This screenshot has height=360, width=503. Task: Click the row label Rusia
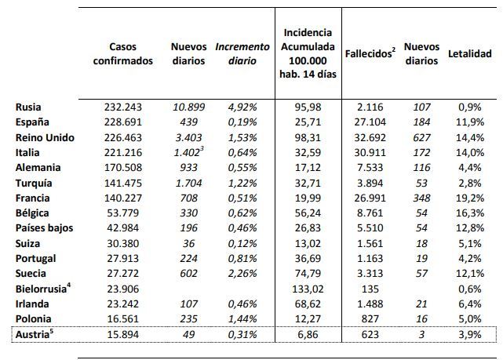click(x=28, y=107)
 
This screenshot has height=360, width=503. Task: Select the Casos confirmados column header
click(x=129, y=54)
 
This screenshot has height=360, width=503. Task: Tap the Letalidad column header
click(x=469, y=54)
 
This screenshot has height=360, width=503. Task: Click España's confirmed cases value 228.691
click(x=128, y=122)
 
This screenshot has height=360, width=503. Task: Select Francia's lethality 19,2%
click(x=470, y=198)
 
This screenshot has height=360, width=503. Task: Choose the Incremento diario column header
click(x=236, y=54)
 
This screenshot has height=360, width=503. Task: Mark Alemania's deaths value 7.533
click(x=368, y=167)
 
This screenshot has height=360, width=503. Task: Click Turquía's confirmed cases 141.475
click(x=128, y=182)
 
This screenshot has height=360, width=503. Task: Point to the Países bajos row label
click(x=45, y=227)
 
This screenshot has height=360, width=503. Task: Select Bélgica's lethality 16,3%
click(x=470, y=213)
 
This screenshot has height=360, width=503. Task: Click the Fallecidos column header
click(x=369, y=54)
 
